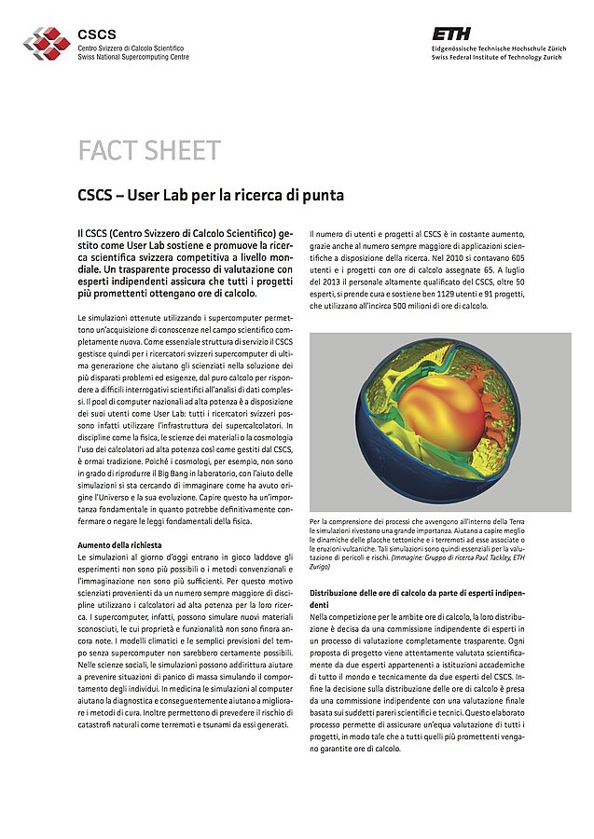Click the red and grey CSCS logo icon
point(46,42)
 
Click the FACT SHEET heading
point(149,151)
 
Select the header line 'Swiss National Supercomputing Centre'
point(132,57)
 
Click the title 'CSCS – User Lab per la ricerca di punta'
point(211,196)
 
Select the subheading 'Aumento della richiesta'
point(119,543)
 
